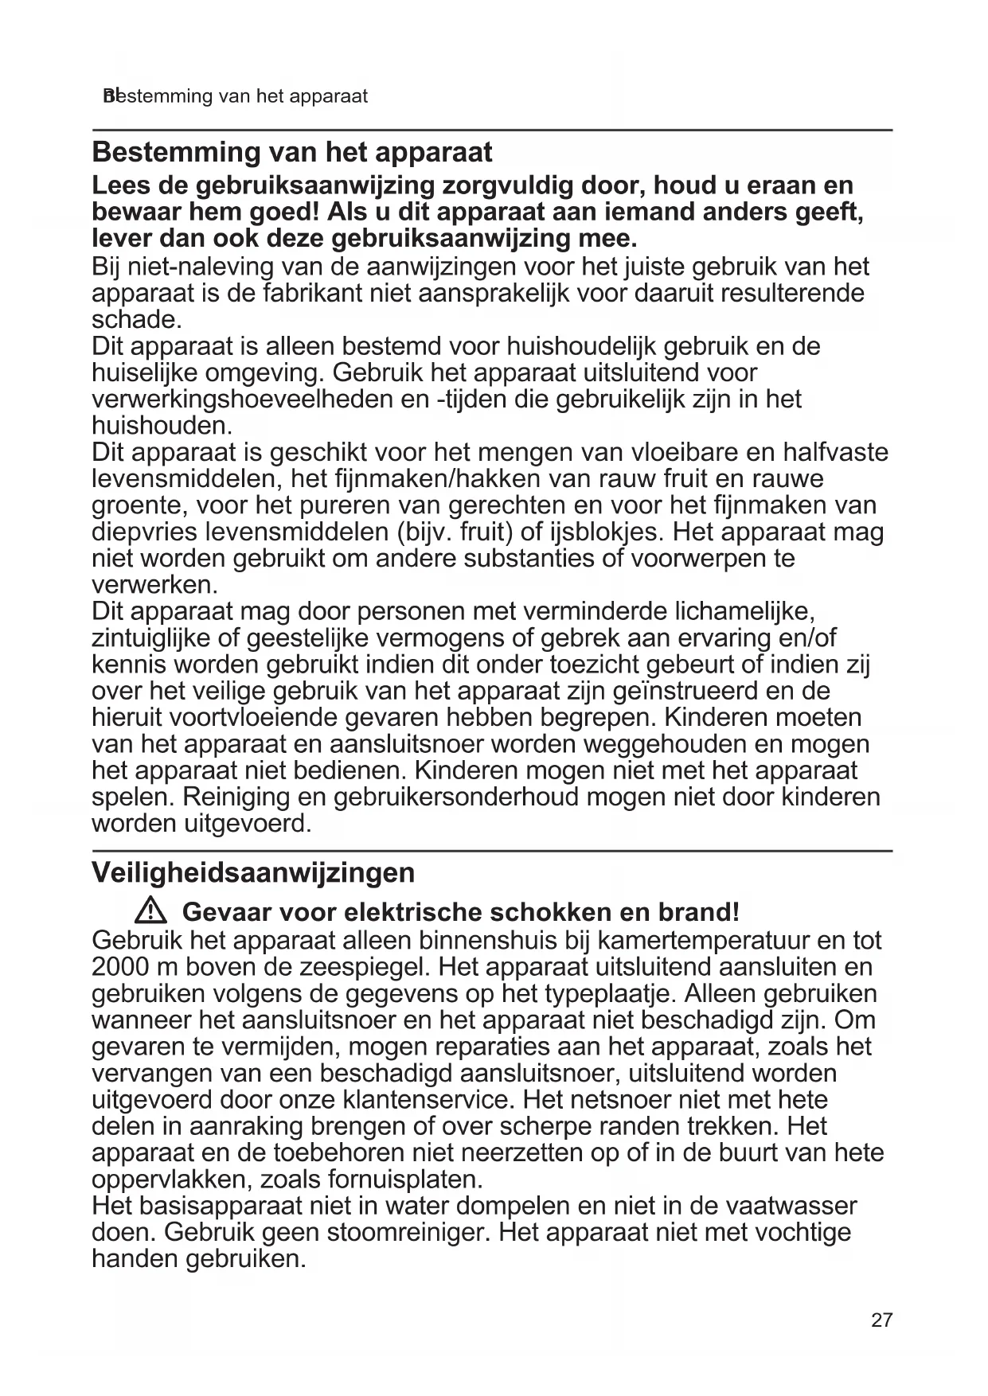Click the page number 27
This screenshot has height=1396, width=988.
coord(881,1320)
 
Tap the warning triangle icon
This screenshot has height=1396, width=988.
coord(149,911)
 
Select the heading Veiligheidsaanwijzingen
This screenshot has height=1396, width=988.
coord(253,872)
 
